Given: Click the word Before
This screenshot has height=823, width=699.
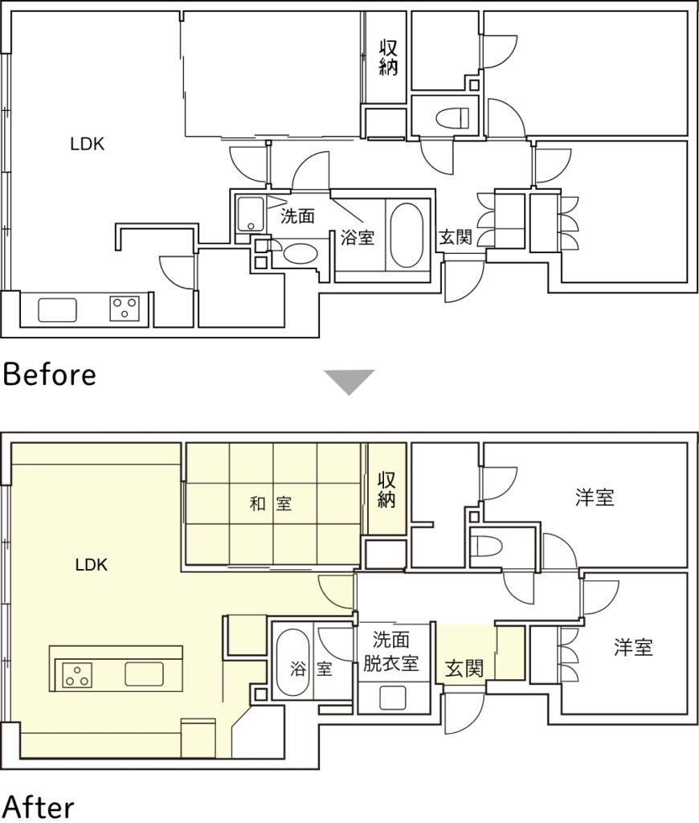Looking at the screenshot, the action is pyautogui.click(x=49, y=375).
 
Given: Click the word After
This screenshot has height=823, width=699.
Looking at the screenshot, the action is pyautogui.click(x=39, y=807).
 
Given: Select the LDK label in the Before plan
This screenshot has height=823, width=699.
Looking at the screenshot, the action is pyautogui.click(x=87, y=144).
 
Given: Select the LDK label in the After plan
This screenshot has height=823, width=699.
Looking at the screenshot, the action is pyautogui.click(x=92, y=565).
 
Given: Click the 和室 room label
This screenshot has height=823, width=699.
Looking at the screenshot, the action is pyautogui.click(x=270, y=504).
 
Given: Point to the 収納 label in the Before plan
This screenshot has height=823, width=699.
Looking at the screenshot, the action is pyautogui.click(x=388, y=58).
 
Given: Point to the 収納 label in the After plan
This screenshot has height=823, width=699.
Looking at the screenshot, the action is pyautogui.click(x=386, y=489).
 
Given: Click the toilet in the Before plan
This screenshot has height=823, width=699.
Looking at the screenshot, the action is pyautogui.click(x=452, y=118).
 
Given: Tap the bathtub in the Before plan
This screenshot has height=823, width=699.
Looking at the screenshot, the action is pyautogui.click(x=407, y=235).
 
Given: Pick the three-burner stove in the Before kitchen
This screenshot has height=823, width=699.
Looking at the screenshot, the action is pyautogui.click(x=125, y=309).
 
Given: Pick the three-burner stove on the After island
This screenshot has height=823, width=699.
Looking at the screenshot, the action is pyautogui.click(x=77, y=675).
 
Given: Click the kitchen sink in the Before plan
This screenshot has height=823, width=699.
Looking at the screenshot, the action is pyautogui.click(x=57, y=310).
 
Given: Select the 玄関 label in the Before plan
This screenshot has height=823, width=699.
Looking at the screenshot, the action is pyautogui.click(x=456, y=237).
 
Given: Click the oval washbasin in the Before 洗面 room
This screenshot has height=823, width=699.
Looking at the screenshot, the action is pyautogui.click(x=300, y=254).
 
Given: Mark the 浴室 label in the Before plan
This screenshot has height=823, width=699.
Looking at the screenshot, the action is pyautogui.click(x=358, y=238).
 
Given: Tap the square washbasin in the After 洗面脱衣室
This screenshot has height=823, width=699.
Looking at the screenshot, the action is pyautogui.click(x=393, y=698).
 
